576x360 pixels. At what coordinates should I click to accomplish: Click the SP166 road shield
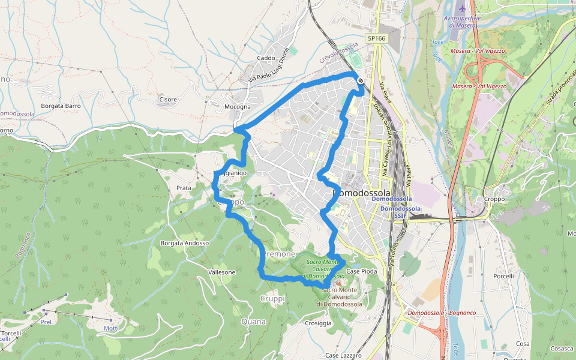click(x=376, y=38)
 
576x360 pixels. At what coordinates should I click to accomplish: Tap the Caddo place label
click(x=265, y=58)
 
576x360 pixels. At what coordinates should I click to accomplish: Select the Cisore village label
click(x=168, y=100)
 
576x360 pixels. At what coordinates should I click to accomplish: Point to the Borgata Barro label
click(x=61, y=106)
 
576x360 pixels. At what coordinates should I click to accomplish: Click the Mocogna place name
click(x=237, y=107)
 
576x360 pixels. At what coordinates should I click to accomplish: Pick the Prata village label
click(x=184, y=188)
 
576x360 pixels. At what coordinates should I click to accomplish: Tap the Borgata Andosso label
click(x=185, y=243)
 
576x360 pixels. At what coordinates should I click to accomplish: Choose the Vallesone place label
click(x=221, y=272)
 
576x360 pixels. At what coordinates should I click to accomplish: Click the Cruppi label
click(x=272, y=298)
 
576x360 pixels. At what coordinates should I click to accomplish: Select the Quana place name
click(x=253, y=322)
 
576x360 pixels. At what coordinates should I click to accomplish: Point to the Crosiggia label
click(x=318, y=323)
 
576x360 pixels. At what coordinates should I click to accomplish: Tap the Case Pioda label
click(x=362, y=272)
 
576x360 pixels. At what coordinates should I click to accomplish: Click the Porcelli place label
click(x=503, y=276)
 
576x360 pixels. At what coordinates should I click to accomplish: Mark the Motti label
click(x=111, y=328)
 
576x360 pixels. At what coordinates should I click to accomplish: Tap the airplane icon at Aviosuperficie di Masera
click(x=461, y=9)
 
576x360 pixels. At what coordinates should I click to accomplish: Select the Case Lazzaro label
click(x=343, y=355)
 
